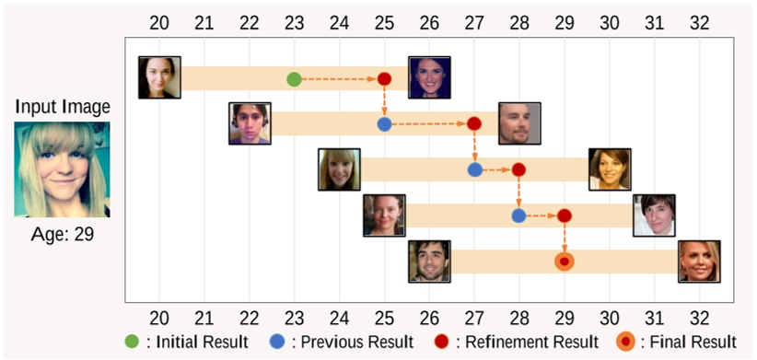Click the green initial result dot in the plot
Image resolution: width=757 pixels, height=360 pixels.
(x=294, y=79)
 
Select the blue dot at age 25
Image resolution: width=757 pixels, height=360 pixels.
(x=384, y=124)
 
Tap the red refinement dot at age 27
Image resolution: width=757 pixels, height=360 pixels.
(x=474, y=124)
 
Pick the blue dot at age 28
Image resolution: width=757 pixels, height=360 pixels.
(x=518, y=216)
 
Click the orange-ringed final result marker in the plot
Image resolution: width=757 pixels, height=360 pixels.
(x=565, y=262)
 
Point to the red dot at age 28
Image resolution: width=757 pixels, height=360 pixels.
(x=518, y=170)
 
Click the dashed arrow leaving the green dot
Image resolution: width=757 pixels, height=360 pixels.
(x=338, y=79)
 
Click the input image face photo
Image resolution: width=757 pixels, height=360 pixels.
(x=62, y=169)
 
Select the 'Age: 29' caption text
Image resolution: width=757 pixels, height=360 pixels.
(x=62, y=235)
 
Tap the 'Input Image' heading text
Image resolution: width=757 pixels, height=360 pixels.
(x=62, y=107)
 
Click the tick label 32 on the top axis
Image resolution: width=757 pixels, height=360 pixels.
(x=699, y=23)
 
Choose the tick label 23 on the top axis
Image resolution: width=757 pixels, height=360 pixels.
(x=294, y=23)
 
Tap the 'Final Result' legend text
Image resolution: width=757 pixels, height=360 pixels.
(x=691, y=343)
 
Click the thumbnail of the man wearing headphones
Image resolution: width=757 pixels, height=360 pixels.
(x=250, y=123)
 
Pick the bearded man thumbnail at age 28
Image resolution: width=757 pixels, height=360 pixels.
(x=519, y=123)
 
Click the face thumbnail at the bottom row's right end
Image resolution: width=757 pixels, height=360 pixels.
(x=699, y=261)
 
